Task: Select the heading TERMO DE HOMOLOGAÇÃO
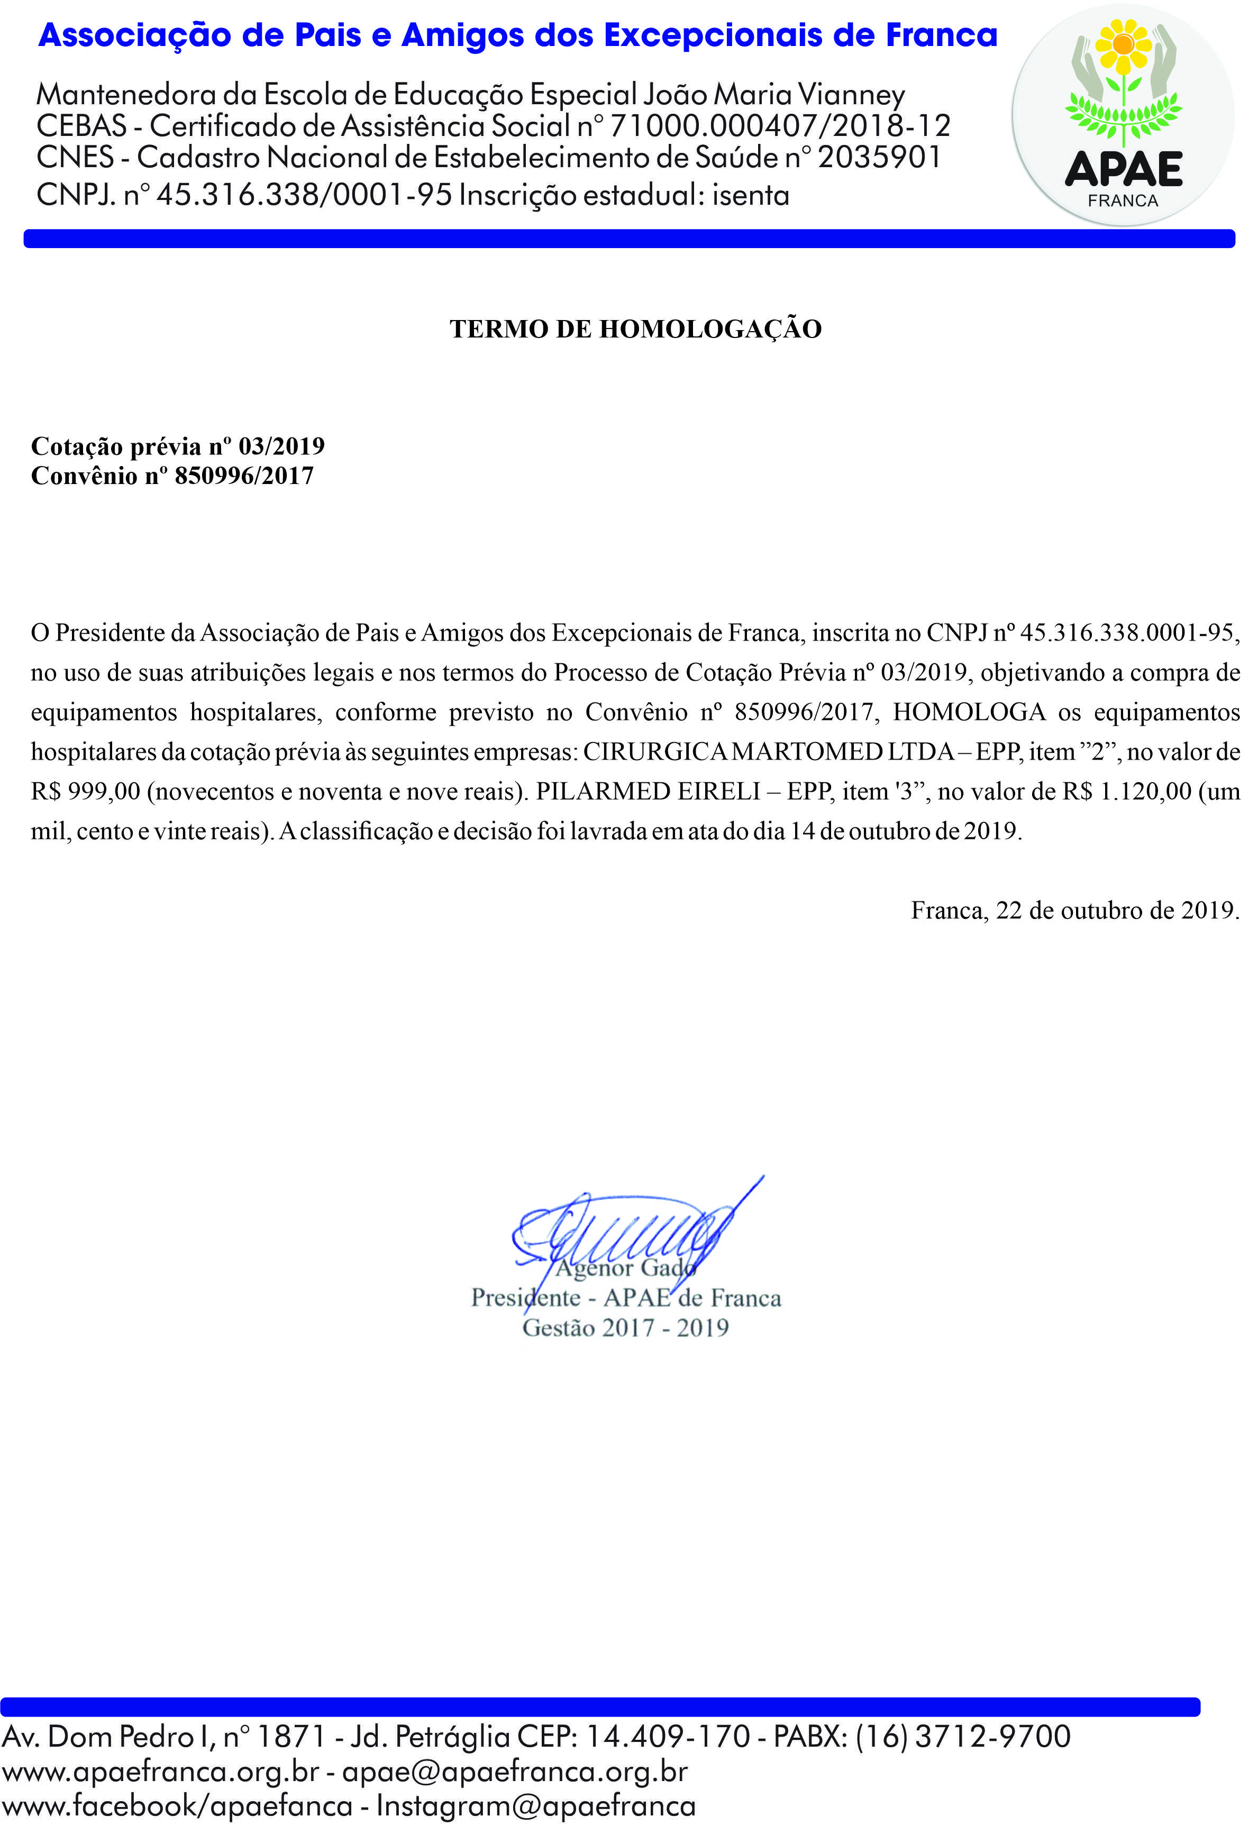click(x=636, y=329)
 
